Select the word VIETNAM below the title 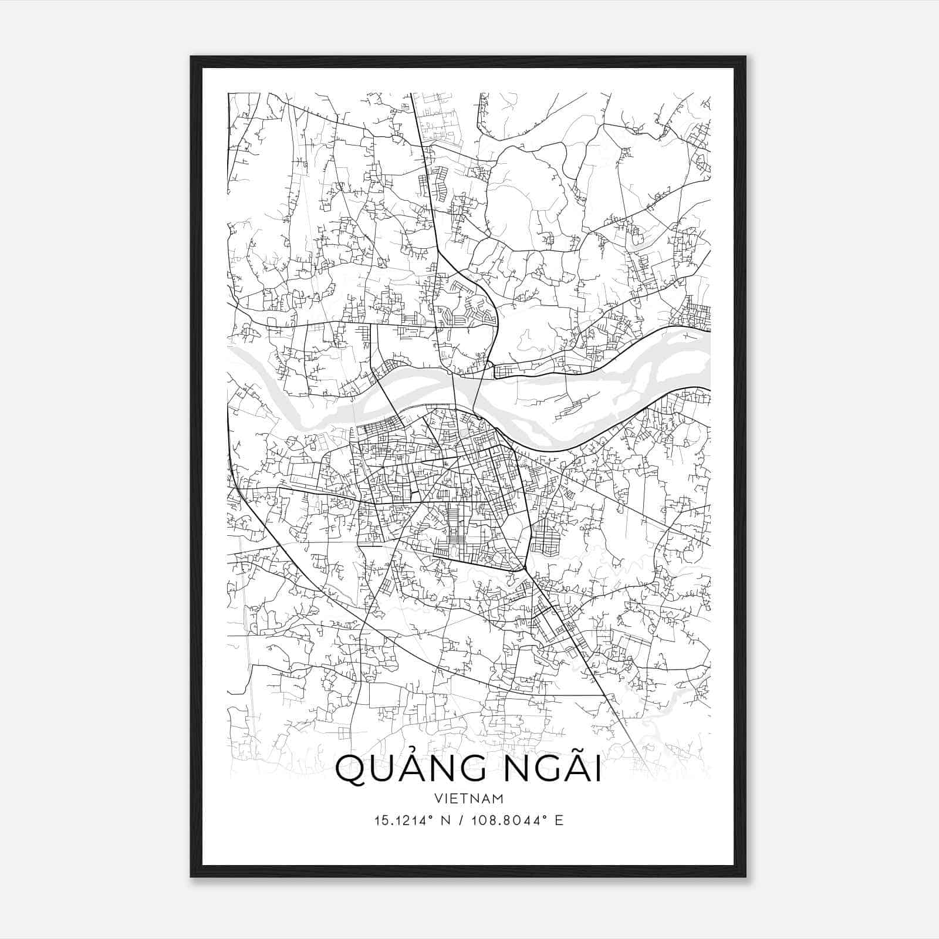pos(469,799)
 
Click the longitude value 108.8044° pos(510,820)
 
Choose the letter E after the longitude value pos(559,820)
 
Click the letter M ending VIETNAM pos(498,799)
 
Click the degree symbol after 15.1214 pos(430,816)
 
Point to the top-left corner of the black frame pos(191,57)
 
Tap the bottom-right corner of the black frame pos(745,877)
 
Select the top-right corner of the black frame pos(745,57)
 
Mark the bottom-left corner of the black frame pos(191,877)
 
